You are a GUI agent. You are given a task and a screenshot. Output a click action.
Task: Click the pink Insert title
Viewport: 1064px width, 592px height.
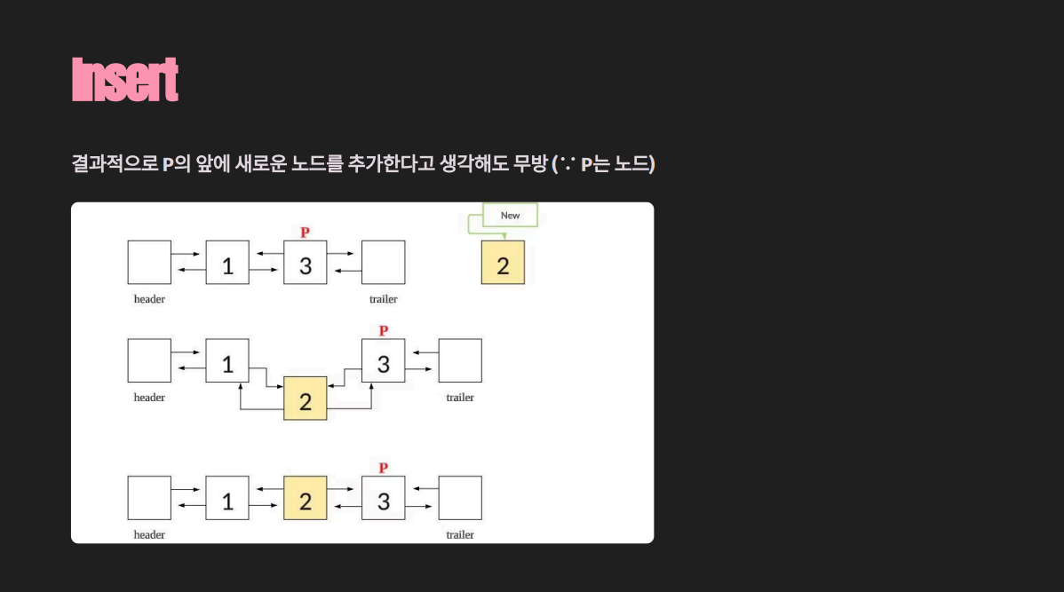[x=125, y=80]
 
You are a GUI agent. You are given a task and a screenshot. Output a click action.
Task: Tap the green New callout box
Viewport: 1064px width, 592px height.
[x=511, y=216]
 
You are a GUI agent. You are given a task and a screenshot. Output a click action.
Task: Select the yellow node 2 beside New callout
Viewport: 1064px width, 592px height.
[x=503, y=263]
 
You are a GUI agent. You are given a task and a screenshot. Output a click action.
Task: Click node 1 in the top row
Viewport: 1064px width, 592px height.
[x=227, y=263]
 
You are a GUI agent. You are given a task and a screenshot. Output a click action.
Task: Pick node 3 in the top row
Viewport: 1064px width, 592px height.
[x=305, y=263]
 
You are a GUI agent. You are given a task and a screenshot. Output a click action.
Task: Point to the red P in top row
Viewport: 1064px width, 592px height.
[x=305, y=233]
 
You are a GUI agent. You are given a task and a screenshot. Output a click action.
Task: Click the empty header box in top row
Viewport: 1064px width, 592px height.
[x=149, y=263]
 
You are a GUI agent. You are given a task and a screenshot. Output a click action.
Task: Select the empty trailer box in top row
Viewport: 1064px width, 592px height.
[x=383, y=263]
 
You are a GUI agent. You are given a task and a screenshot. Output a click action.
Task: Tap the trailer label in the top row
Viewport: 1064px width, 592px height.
[x=383, y=299]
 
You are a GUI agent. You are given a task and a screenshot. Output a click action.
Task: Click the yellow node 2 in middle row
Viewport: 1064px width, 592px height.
[x=305, y=399]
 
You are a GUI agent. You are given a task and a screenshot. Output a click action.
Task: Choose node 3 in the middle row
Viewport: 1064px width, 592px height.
[x=383, y=361]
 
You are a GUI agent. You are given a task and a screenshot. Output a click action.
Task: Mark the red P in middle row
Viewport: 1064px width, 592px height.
[x=383, y=331]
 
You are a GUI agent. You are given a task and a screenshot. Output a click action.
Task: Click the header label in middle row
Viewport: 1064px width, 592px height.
[x=149, y=398]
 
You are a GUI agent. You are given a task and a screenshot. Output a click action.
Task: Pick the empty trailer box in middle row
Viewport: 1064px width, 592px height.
[x=460, y=361]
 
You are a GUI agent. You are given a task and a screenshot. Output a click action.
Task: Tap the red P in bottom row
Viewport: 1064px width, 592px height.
[x=383, y=468]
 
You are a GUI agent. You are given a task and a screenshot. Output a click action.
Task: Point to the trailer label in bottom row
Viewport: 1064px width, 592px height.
[x=460, y=534]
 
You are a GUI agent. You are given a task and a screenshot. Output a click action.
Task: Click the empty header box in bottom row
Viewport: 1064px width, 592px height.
[x=149, y=498]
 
